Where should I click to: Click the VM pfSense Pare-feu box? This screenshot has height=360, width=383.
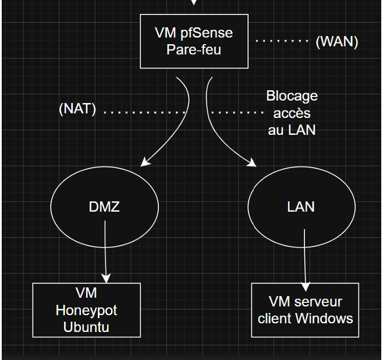click(194, 41)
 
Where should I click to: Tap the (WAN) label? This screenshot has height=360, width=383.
click(337, 42)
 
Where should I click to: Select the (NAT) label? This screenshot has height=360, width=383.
click(77, 109)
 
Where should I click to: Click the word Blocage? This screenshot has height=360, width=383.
click(292, 96)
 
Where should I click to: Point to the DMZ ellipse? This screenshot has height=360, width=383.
click(105, 206)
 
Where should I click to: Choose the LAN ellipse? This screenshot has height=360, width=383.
click(301, 206)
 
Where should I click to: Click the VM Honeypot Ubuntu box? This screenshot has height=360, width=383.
click(86, 310)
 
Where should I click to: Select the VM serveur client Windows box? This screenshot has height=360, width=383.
click(305, 310)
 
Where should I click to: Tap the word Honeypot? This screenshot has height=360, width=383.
click(86, 311)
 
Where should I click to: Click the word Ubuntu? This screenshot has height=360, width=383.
click(86, 327)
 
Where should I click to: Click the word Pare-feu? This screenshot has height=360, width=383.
click(194, 49)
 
